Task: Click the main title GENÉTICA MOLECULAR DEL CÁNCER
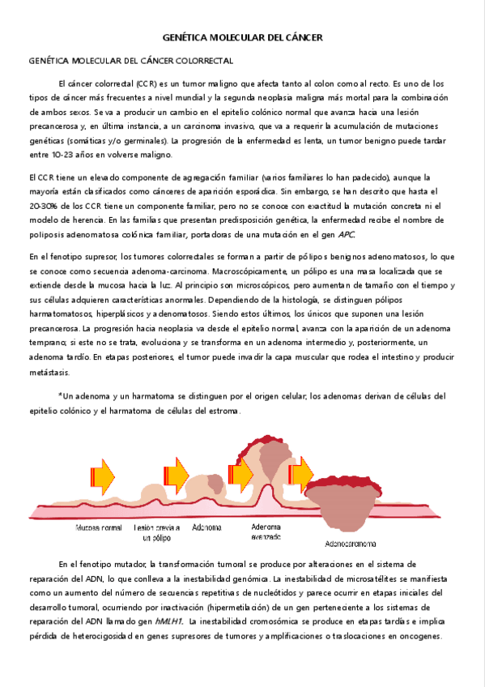tap(242, 38)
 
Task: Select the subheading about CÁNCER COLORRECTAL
tap(130, 61)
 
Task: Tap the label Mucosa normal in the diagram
tap(98, 527)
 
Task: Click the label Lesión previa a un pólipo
tap(156, 531)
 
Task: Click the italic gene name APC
tap(346, 235)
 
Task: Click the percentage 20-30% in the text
tap(44, 206)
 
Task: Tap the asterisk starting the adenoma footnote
tap(60, 396)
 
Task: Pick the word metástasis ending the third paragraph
tap(49, 373)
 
